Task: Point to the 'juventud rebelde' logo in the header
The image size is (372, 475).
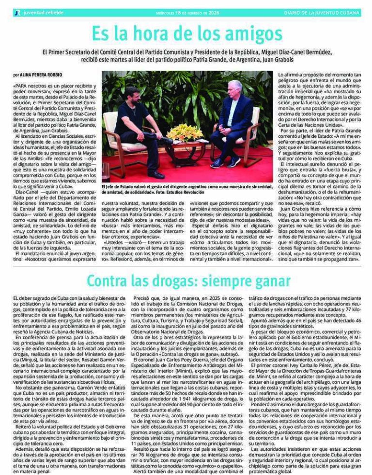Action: pyautogui.click(x=34, y=13)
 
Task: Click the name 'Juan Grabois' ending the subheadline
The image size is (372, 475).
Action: pyautogui.click(x=278, y=59)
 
